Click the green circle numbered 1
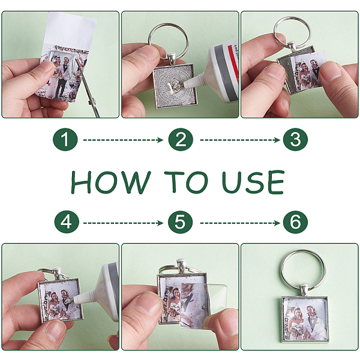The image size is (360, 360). pyautogui.click(x=65, y=139)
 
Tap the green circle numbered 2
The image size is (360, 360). pyautogui.click(x=181, y=139)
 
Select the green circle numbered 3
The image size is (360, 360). pyautogui.click(x=295, y=139)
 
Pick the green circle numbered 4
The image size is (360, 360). pyautogui.click(x=67, y=222)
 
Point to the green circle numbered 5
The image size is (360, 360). pyautogui.click(x=180, y=222)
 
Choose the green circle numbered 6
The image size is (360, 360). pyautogui.click(x=295, y=222)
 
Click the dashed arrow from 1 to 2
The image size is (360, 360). pyautogui.click(x=123, y=140)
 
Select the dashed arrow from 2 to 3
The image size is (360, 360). pyautogui.click(x=240, y=140)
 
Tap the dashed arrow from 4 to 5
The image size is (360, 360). pyautogui.click(x=123, y=223)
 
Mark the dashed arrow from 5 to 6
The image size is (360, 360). pyautogui.click(x=240, y=223)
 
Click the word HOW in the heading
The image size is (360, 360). pyautogui.click(x=111, y=182)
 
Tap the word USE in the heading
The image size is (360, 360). pyautogui.click(x=253, y=182)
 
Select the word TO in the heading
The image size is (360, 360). pyautogui.click(x=186, y=182)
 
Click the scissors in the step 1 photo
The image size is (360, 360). pyautogui.click(x=88, y=90)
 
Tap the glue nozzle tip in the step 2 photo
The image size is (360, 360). pyautogui.click(x=185, y=86)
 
